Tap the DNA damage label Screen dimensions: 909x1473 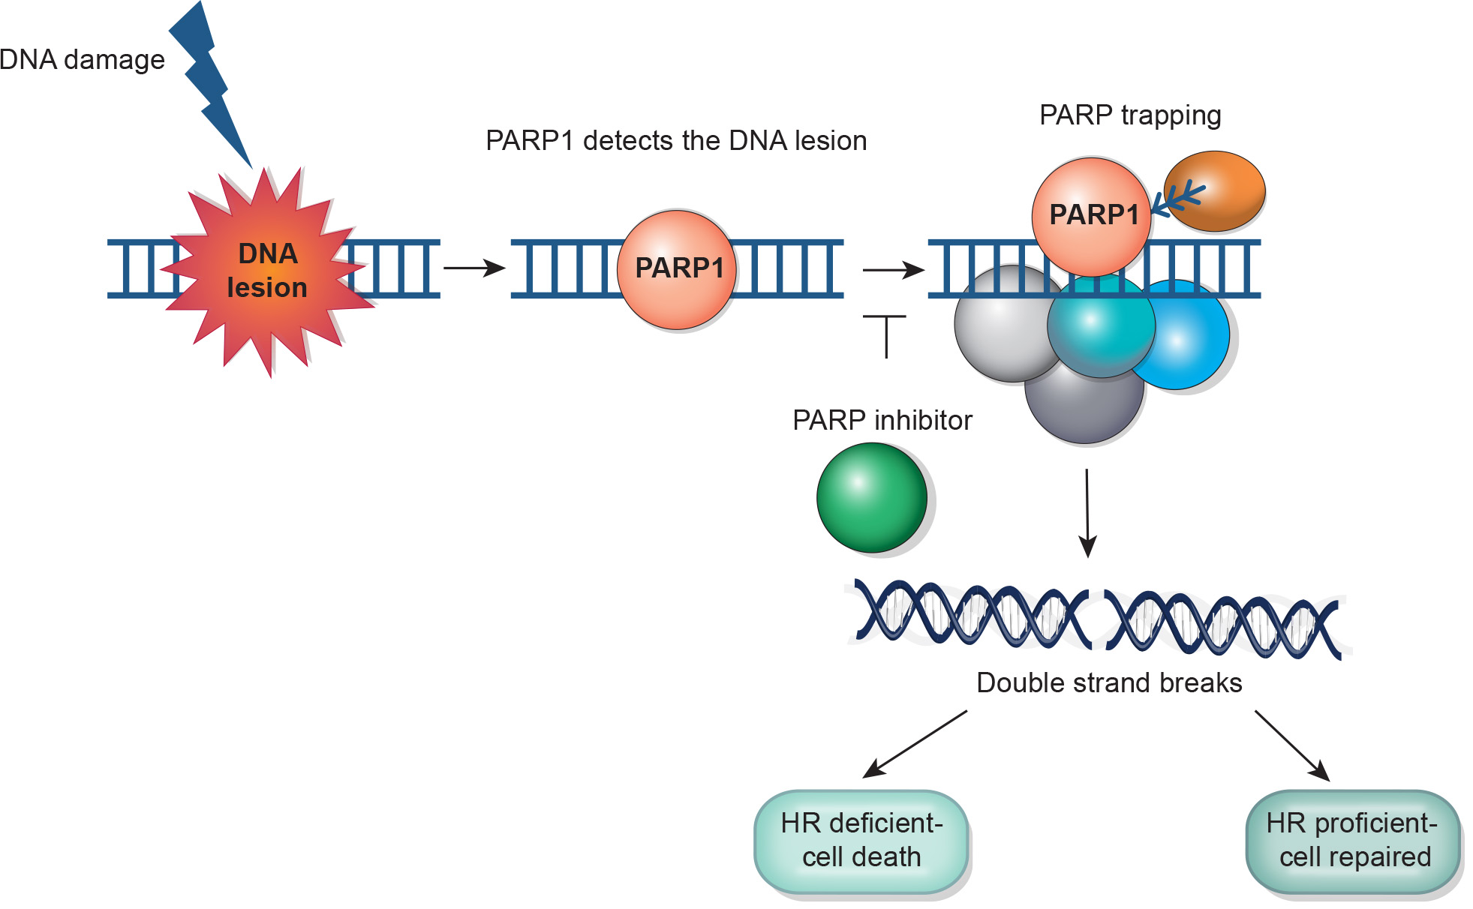tap(82, 60)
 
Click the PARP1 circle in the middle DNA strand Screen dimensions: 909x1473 tap(678, 269)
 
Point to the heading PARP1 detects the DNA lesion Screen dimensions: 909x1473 tap(676, 141)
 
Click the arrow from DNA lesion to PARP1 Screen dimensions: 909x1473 tap(474, 268)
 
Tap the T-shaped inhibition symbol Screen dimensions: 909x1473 tap(885, 334)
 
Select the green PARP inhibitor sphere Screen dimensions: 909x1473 tap(872, 498)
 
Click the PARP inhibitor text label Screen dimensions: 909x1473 tap(882, 421)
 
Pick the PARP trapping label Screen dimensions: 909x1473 tap(1130, 115)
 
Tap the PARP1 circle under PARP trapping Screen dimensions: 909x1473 tap(1092, 216)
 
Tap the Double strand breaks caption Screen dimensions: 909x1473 tap(1109, 683)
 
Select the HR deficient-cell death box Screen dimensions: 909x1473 tap(861, 841)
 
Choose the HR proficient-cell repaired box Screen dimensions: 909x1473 tap(1353, 841)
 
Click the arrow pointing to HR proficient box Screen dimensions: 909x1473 tap(1292, 745)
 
